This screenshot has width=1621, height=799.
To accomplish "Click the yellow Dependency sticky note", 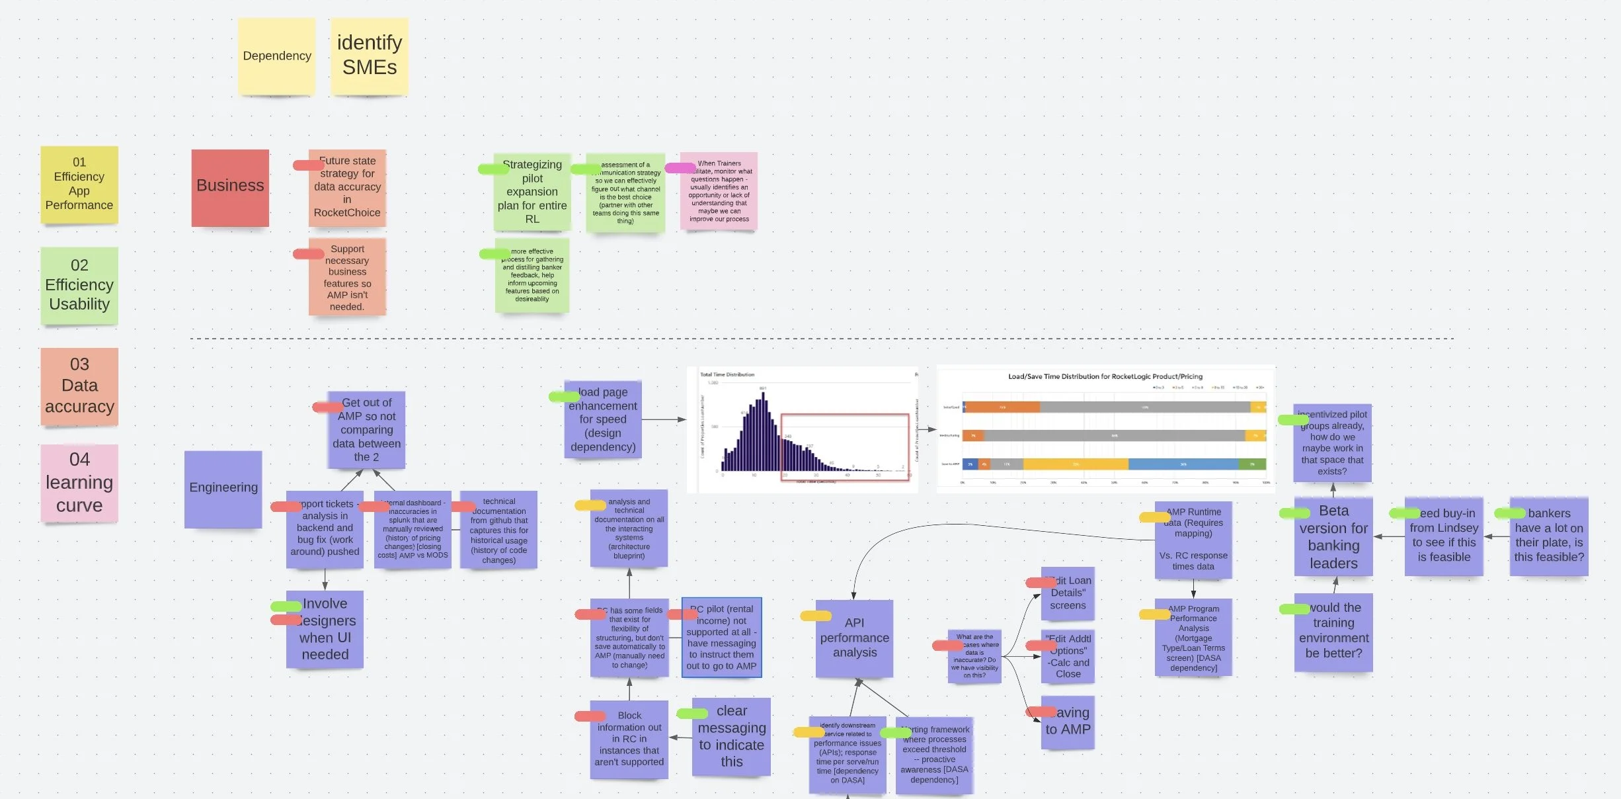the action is coord(276,56).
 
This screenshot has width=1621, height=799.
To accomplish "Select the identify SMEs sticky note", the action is coord(369,56).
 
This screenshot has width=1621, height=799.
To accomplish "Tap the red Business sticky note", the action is coord(230,188).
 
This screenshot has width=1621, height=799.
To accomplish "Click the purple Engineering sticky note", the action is coord(223,489).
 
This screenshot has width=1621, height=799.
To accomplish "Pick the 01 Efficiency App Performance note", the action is coord(79,185).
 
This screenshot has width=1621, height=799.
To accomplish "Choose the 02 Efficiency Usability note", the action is coord(79,285).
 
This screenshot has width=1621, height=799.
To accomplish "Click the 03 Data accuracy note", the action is coord(79,386).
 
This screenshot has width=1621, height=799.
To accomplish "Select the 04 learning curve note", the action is coord(79,483).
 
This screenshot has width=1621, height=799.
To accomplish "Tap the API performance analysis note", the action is coord(854,638).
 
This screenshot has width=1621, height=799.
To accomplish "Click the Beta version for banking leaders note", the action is coord(1333,537).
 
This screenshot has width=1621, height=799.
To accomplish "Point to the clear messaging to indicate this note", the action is coord(731,736).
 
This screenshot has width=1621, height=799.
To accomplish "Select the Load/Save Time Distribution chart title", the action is coord(1105,376).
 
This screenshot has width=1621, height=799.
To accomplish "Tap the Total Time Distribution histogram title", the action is coord(727,374).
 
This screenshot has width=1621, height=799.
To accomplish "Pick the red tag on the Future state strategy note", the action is coord(308,165).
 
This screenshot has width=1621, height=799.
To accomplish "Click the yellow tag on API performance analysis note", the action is coord(815,616).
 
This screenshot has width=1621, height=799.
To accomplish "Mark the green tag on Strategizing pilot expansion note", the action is coord(493,169).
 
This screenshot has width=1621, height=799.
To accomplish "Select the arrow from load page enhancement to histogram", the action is coord(664,419).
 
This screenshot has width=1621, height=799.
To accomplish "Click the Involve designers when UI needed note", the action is coord(325,629).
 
